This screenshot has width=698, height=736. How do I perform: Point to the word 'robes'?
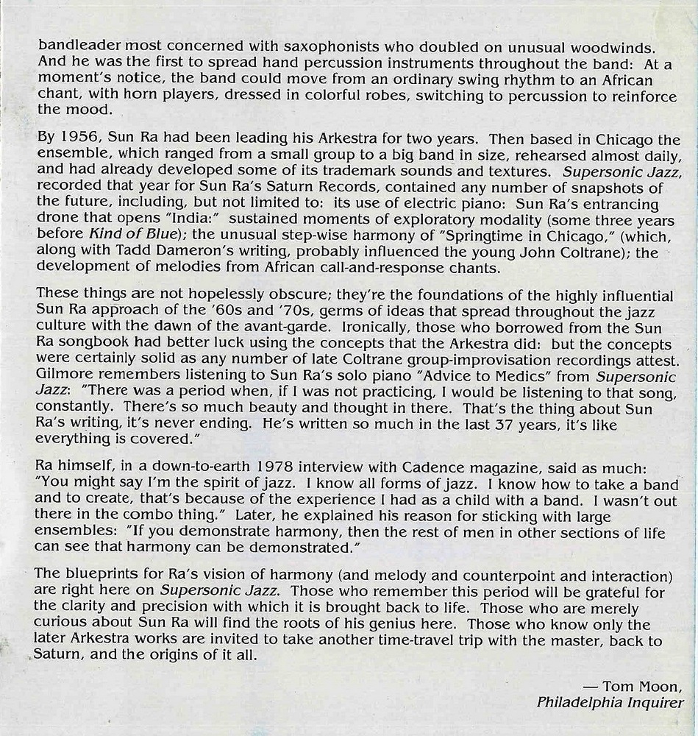click(x=374, y=94)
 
